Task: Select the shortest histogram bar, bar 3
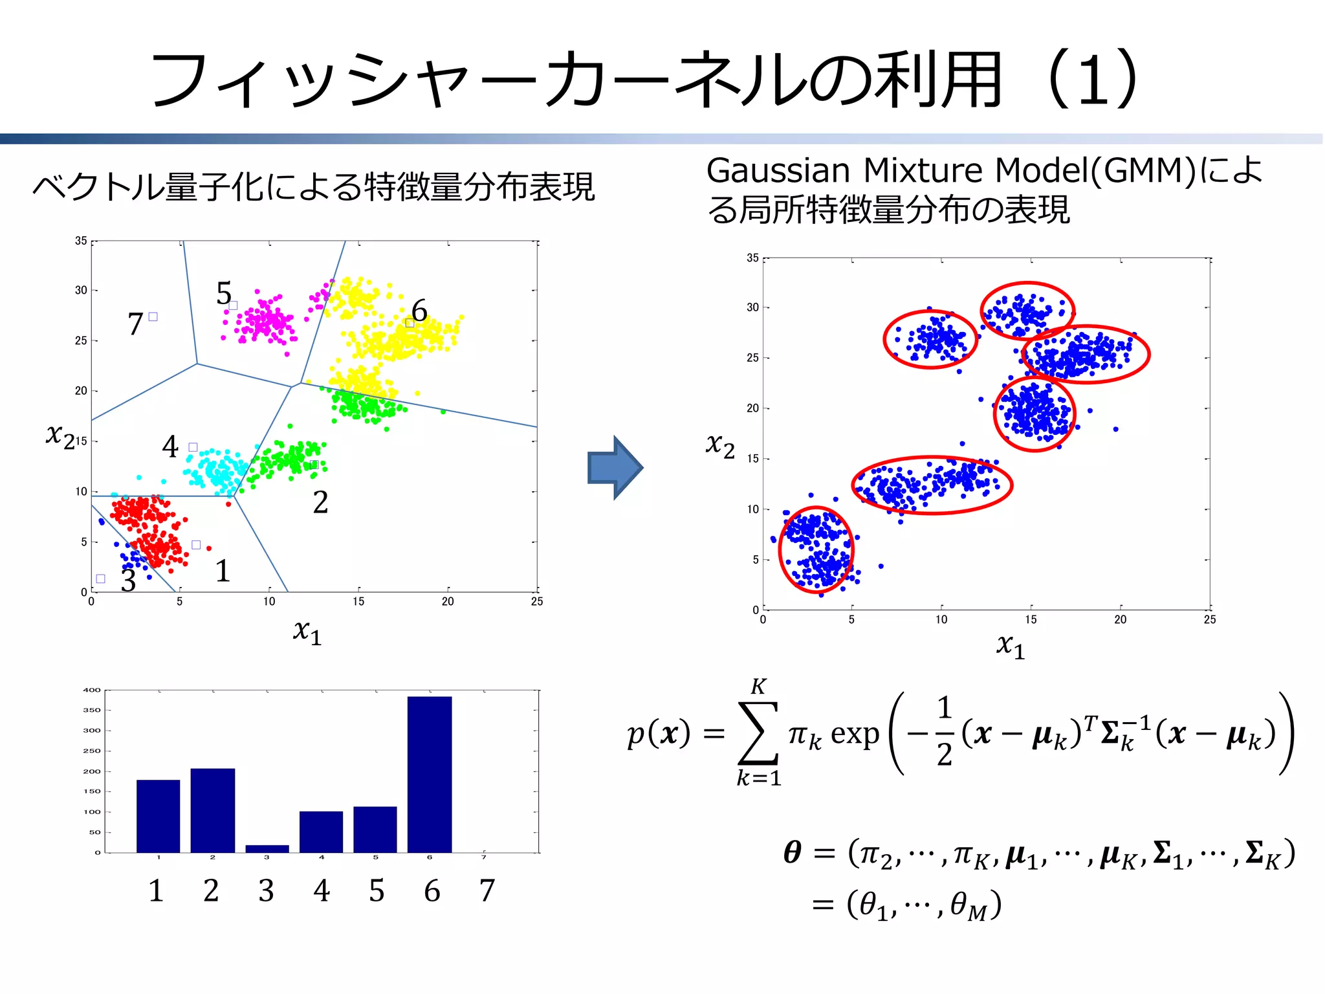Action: pyautogui.click(x=267, y=848)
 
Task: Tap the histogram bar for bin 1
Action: pyautogui.click(x=159, y=816)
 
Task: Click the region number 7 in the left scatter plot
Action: pyautogui.click(x=135, y=324)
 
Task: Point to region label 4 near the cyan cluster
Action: pyautogui.click(x=170, y=446)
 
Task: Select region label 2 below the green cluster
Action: pyautogui.click(x=320, y=502)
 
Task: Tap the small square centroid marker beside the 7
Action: pyautogui.click(x=153, y=316)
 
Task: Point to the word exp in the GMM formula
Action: pyautogui.click(x=855, y=734)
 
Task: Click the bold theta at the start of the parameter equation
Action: pyautogui.click(x=793, y=852)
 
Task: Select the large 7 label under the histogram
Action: pyautogui.click(x=487, y=890)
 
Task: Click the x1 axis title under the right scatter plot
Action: pyautogui.click(x=1011, y=645)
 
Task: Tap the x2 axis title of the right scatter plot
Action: pyautogui.click(x=720, y=445)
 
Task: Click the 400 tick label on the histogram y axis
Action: pyautogui.click(x=92, y=690)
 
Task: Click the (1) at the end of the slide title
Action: pyautogui.click(x=1093, y=80)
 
